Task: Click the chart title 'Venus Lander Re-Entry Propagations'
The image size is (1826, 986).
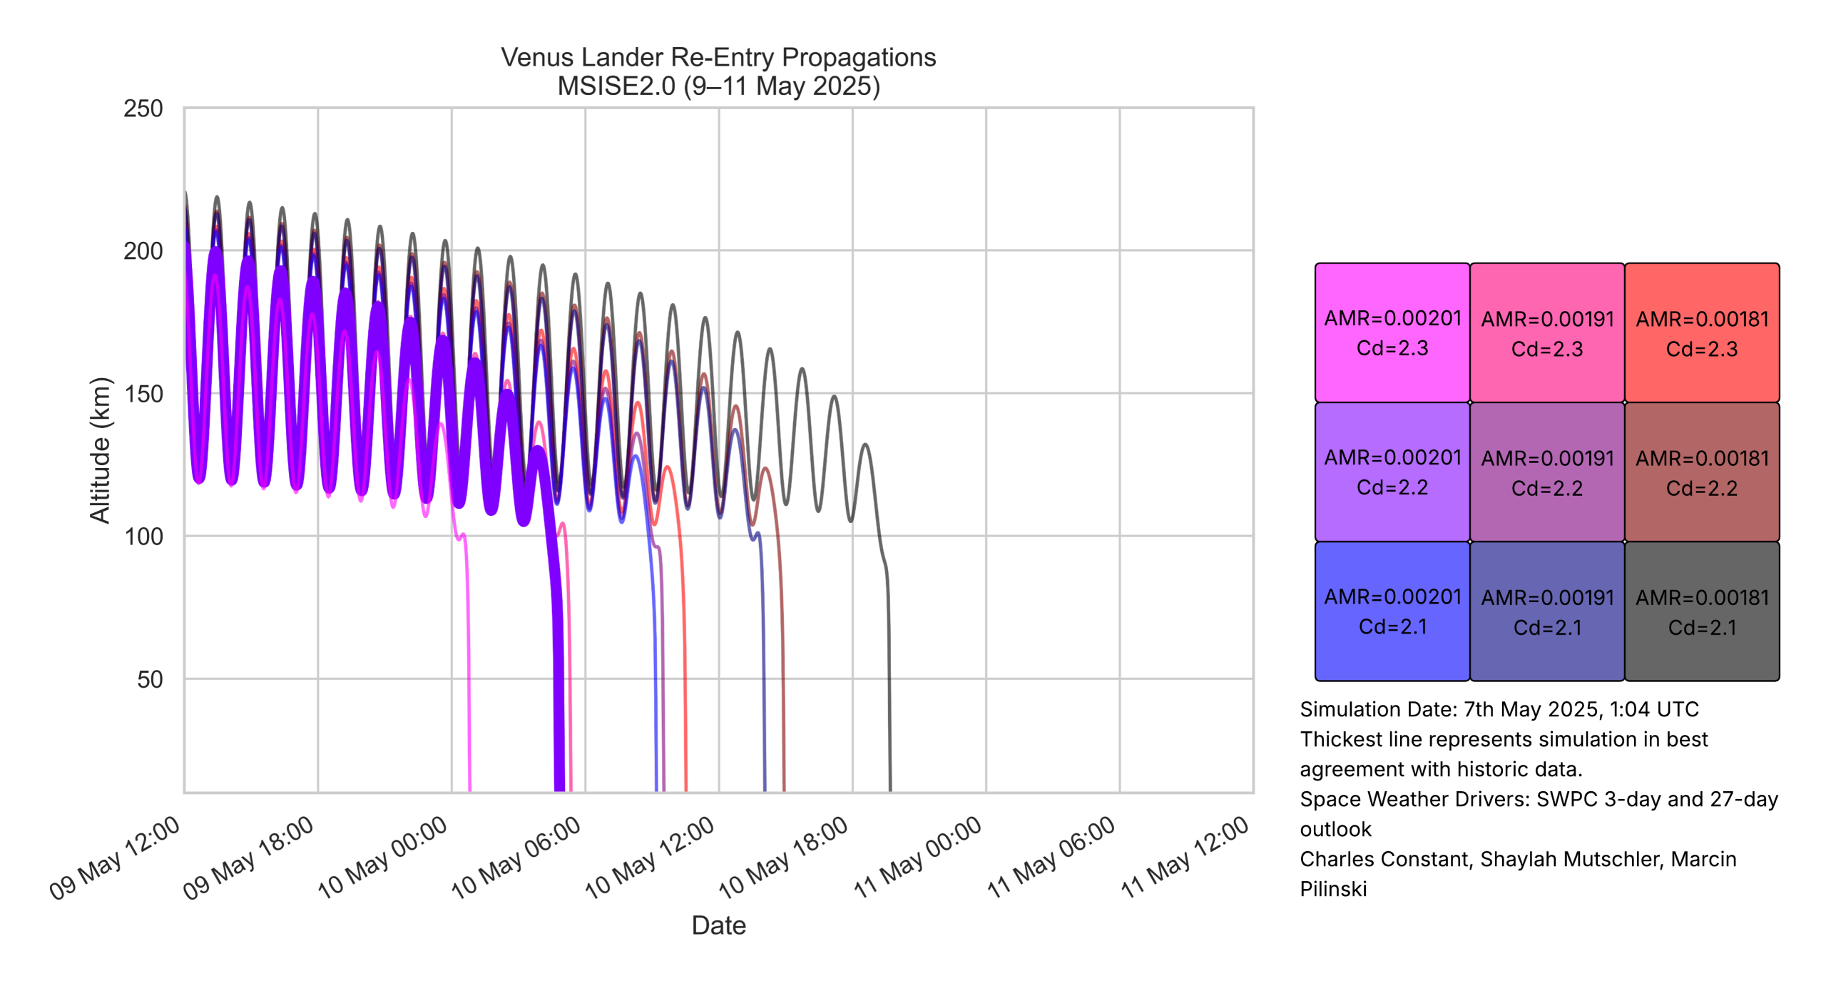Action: tap(718, 57)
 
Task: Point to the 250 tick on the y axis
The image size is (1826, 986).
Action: tap(143, 108)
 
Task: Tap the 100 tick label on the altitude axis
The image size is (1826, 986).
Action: tap(143, 537)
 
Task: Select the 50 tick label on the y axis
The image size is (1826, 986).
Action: tap(150, 679)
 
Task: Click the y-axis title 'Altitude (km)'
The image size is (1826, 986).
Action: tap(100, 450)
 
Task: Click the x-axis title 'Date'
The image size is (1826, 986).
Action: tap(718, 925)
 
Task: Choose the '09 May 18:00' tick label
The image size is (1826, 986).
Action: tap(249, 858)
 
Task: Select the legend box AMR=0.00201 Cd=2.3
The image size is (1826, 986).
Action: tap(1392, 332)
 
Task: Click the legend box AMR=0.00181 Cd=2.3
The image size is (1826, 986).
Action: tap(1702, 332)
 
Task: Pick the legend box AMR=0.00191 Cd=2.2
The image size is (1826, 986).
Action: tap(1547, 472)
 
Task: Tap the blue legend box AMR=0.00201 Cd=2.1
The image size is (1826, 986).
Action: tap(1392, 611)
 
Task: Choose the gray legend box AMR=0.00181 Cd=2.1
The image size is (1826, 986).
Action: tap(1702, 611)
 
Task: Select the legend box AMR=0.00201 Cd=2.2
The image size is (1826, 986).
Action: tap(1392, 472)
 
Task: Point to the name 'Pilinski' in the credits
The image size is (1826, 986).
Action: tap(1332, 889)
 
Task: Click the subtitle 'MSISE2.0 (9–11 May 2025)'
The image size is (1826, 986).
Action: tap(718, 86)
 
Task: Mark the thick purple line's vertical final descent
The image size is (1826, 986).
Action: tap(558, 678)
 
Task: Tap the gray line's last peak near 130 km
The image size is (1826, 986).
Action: tap(865, 445)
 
